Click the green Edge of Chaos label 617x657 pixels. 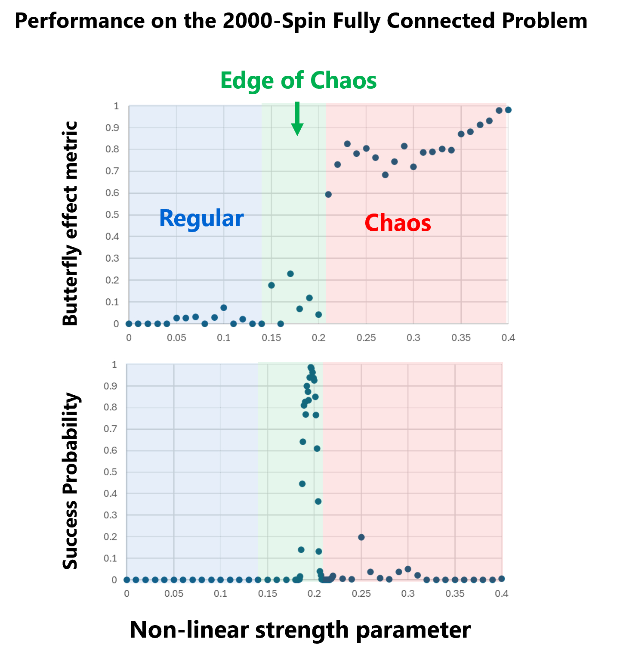coord(298,81)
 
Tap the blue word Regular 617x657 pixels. coord(201,218)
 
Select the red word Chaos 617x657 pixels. coord(398,223)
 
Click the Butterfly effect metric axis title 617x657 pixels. coord(70,223)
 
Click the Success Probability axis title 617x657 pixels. coord(70,481)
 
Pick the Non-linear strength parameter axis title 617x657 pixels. coord(300,629)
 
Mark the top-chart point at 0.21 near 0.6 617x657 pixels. coord(328,195)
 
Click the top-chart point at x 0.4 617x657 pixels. coord(508,110)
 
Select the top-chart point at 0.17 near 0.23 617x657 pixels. coord(290,274)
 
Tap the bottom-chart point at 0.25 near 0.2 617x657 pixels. coord(361,537)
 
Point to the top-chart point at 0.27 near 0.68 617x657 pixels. coord(385,175)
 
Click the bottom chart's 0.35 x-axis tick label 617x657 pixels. coord(455,594)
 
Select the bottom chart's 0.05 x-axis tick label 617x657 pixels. coord(174,594)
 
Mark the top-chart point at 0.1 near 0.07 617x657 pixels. coord(224,308)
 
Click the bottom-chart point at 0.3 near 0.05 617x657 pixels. coord(408,569)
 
